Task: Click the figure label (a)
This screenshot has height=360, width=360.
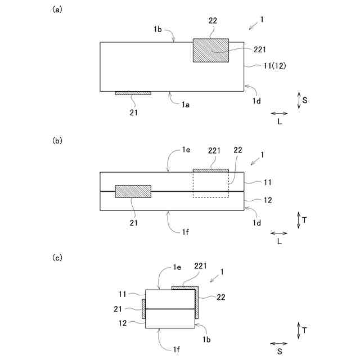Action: [56, 10]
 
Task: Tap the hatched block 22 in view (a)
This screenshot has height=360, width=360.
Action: [211, 51]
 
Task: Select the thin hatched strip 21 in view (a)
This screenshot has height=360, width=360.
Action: [133, 93]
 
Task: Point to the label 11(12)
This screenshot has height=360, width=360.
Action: [275, 66]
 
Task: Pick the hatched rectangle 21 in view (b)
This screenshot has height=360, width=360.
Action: [133, 191]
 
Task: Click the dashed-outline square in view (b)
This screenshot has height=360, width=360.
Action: [211, 184]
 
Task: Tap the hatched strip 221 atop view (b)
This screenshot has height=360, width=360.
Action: [211, 170]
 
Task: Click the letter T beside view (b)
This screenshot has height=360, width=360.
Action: [304, 220]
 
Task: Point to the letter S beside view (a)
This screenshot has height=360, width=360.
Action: [304, 100]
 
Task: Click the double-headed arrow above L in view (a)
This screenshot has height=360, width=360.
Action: [280, 114]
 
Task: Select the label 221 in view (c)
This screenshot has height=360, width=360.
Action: [201, 265]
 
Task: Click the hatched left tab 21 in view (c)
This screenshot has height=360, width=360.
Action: [143, 308]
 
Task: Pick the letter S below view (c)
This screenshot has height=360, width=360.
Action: [280, 352]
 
